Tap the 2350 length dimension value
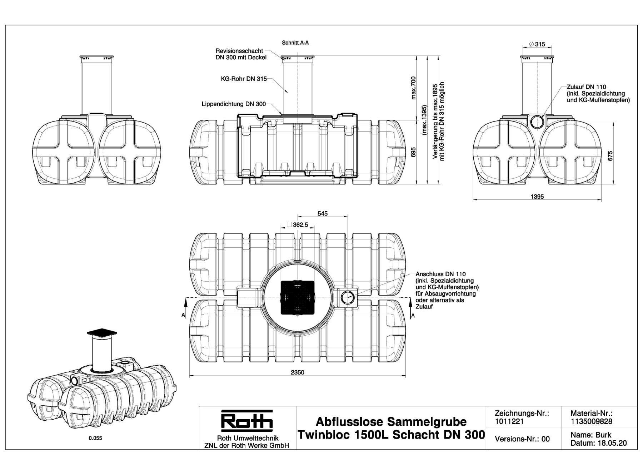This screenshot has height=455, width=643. pyautogui.click(x=297, y=372)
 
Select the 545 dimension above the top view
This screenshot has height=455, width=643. pyautogui.click(x=322, y=214)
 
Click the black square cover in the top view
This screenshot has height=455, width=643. pyautogui.click(x=297, y=297)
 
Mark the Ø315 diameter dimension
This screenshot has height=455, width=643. pyautogui.click(x=537, y=44)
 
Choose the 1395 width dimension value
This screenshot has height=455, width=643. pyautogui.click(x=537, y=197)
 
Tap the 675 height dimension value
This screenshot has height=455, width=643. pyautogui.click(x=610, y=156)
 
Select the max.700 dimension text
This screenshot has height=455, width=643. pyautogui.click(x=414, y=88)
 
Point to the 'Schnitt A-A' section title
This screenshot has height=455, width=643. pyautogui.click(x=295, y=43)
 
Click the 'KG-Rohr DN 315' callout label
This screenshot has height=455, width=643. pyautogui.click(x=244, y=79)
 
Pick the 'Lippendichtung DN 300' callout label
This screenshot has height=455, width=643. pyautogui.click(x=234, y=104)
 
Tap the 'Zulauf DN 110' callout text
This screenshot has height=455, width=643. pyautogui.click(x=586, y=87)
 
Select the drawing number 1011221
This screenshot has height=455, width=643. pyautogui.click(x=509, y=421)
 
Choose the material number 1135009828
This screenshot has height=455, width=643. pyautogui.click(x=591, y=421)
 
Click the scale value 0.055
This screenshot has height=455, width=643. pyautogui.click(x=95, y=438)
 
